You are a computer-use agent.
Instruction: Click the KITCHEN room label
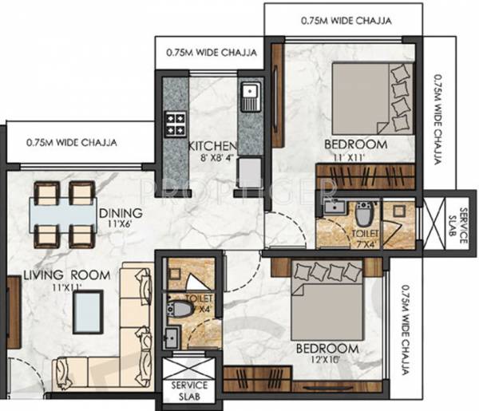[x=212, y=146]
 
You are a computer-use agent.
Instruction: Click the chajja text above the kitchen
[x=211, y=53]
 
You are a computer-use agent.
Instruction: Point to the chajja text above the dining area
[x=72, y=144]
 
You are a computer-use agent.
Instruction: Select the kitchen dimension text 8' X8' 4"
[x=212, y=158]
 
